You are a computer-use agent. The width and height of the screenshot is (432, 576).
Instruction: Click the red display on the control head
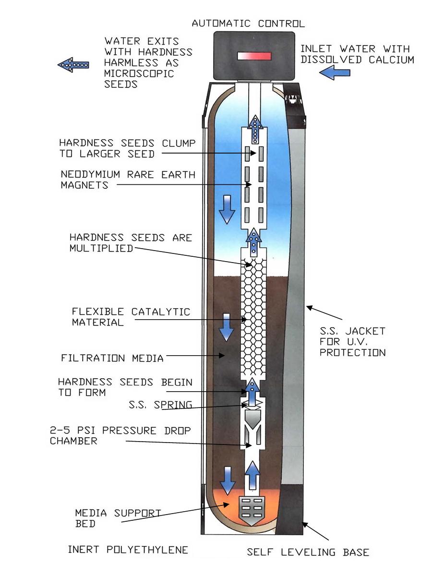[x=254, y=56]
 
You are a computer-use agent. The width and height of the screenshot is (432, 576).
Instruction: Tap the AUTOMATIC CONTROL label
[x=248, y=23]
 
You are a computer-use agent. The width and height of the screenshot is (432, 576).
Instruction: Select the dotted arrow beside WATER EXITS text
[x=73, y=64]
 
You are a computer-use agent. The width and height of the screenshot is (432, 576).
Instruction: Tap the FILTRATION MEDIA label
[x=112, y=358]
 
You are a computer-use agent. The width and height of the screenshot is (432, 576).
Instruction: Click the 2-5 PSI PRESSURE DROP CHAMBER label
[x=120, y=435]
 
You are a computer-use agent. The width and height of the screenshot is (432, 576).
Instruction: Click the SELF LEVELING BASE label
[x=308, y=552]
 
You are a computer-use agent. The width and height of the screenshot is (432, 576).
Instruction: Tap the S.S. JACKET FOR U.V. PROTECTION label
[x=353, y=342]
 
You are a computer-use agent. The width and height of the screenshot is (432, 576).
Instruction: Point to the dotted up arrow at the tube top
[x=255, y=129]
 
